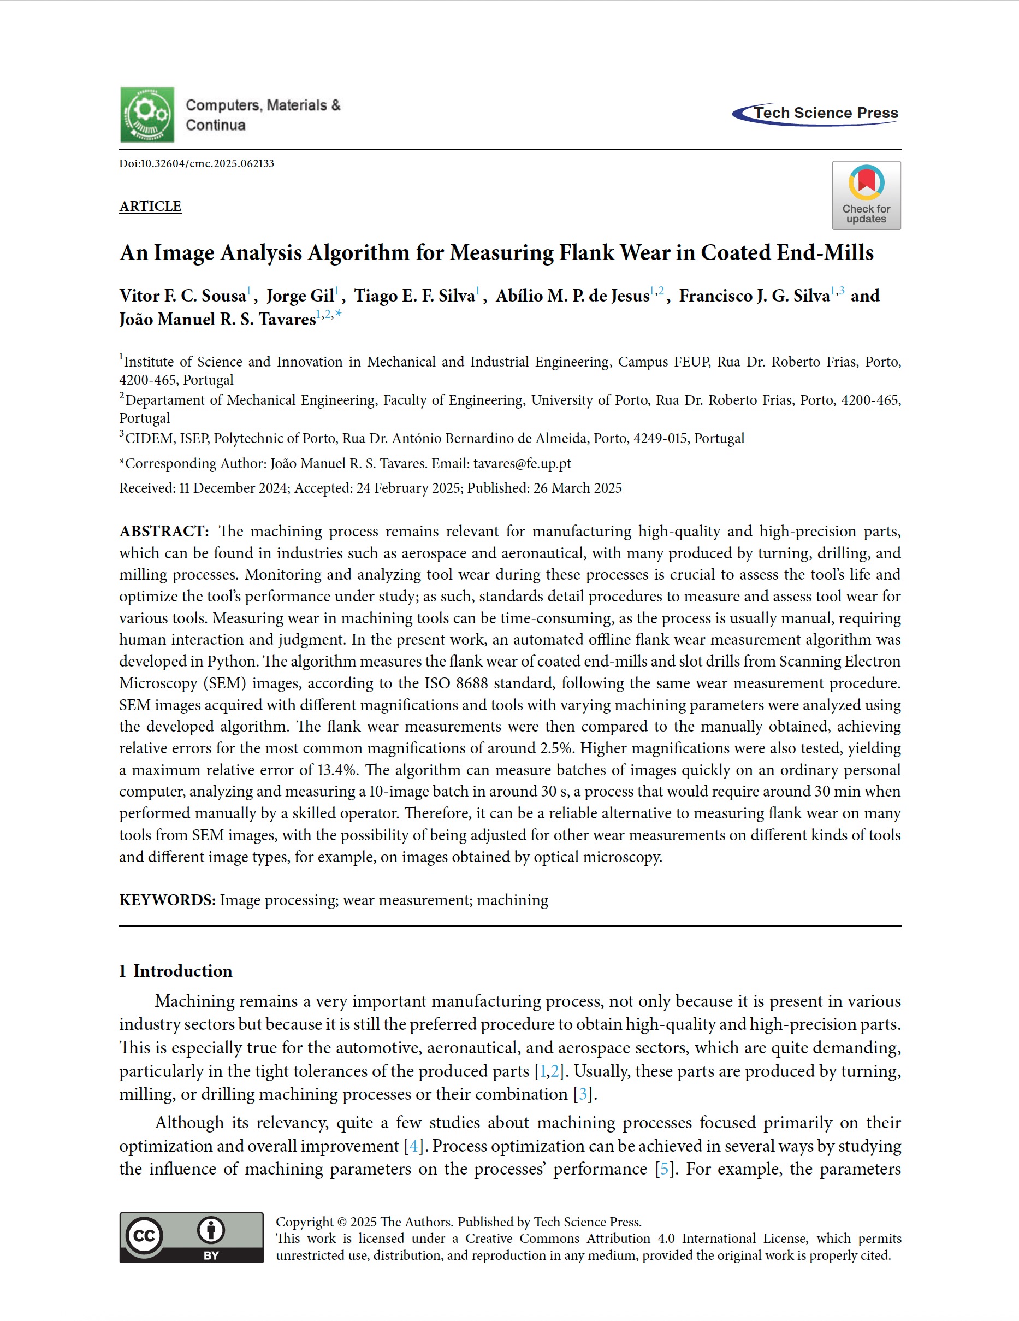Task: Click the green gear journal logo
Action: pyautogui.click(x=147, y=115)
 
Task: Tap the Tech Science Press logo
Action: pyautogui.click(x=816, y=114)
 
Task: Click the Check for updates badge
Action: pyautogui.click(x=866, y=196)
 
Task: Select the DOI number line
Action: pyautogui.click(x=197, y=163)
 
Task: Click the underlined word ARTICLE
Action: pyautogui.click(x=150, y=207)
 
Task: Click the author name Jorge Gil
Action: pyautogui.click(x=300, y=296)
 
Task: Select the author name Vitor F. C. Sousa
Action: pyautogui.click(x=182, y=296)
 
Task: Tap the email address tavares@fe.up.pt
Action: pyautogui.click(x=522, y=463)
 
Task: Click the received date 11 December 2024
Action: pyautogui.click(x=233, y=488)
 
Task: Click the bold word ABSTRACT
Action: pyautogui.click(x=164, y=532)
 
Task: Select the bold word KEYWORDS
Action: pyautogui.click(x=168, y=900)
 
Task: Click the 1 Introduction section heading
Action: pyautogui.click(x=175, y=971)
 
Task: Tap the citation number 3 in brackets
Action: pyautogui.click(x=583, y=1094)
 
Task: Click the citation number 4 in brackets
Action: pyautogui.click(x=413, y=1146)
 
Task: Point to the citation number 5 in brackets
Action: pyautogui.click(x=665, y=1169)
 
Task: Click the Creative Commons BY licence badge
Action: pyautogui.click(x=191, y=1237)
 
